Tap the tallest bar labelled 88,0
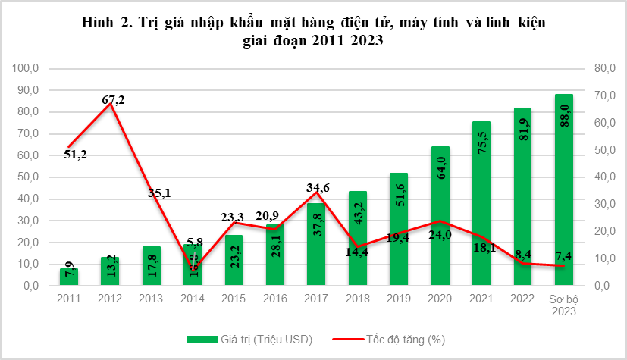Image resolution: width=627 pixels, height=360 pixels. [564, 189]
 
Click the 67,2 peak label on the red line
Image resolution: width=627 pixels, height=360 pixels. [114, 99]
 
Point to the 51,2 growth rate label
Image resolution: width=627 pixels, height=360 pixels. [74, 155]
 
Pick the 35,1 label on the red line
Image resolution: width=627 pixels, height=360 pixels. [158, 193]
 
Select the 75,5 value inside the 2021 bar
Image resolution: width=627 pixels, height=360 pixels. [482, 142]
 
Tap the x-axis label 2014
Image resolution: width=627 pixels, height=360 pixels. [193, 299]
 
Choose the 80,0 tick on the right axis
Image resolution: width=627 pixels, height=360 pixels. [592, 68]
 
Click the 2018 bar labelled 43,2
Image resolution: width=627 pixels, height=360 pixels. [359, 239]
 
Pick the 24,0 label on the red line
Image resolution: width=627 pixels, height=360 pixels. [440, 235]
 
